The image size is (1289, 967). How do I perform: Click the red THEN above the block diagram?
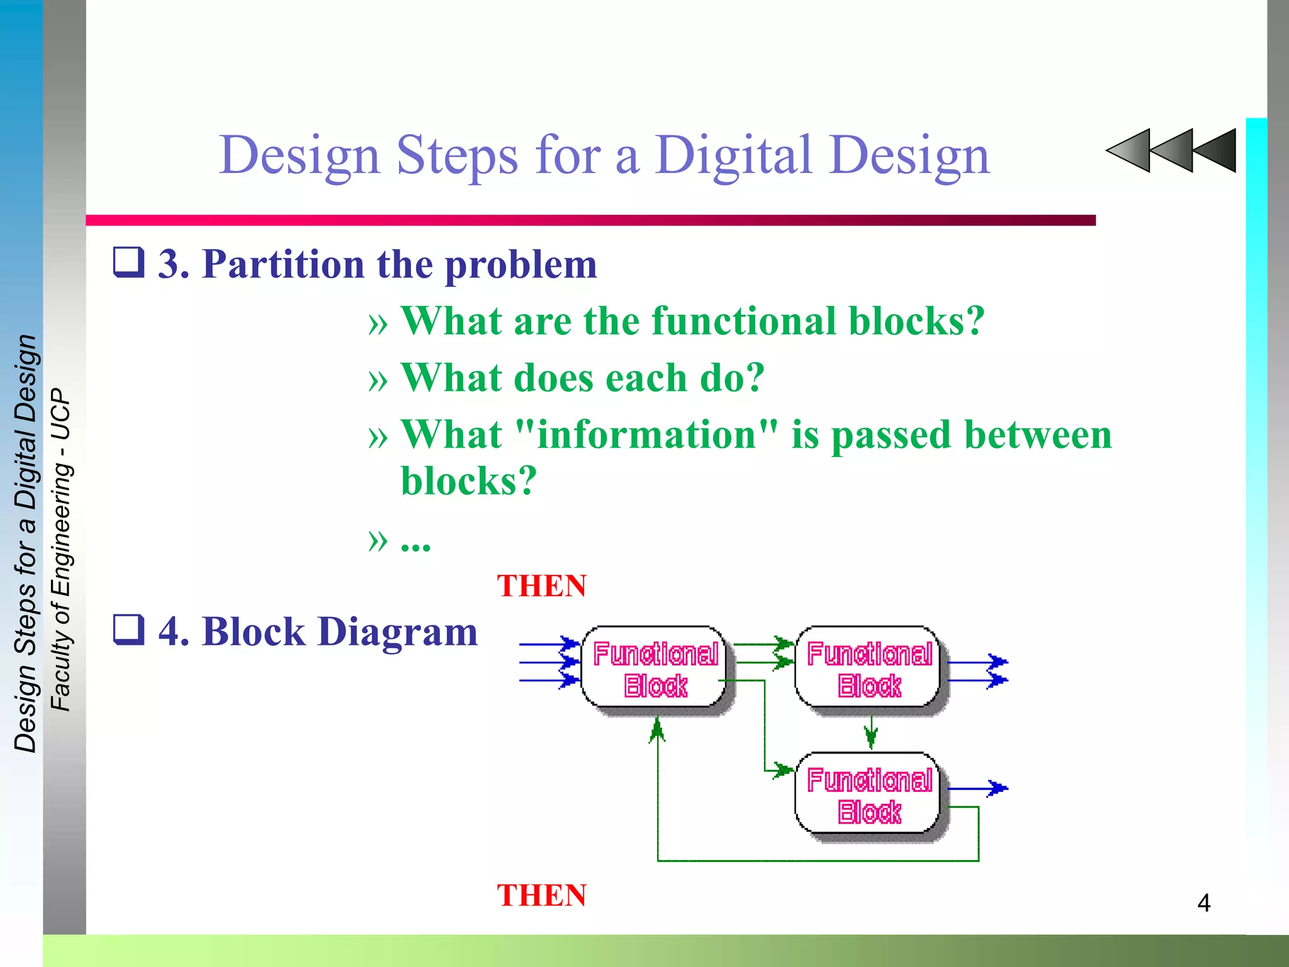pyautogui.click(x=541, y=586)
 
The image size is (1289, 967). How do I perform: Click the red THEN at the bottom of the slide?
pyautogui.click(x=541, y=895)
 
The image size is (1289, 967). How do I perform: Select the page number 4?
pyautogui.click(x=1203, y=903)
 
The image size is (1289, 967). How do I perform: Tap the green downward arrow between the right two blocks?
pyautogui.click(x=871, y=734)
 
